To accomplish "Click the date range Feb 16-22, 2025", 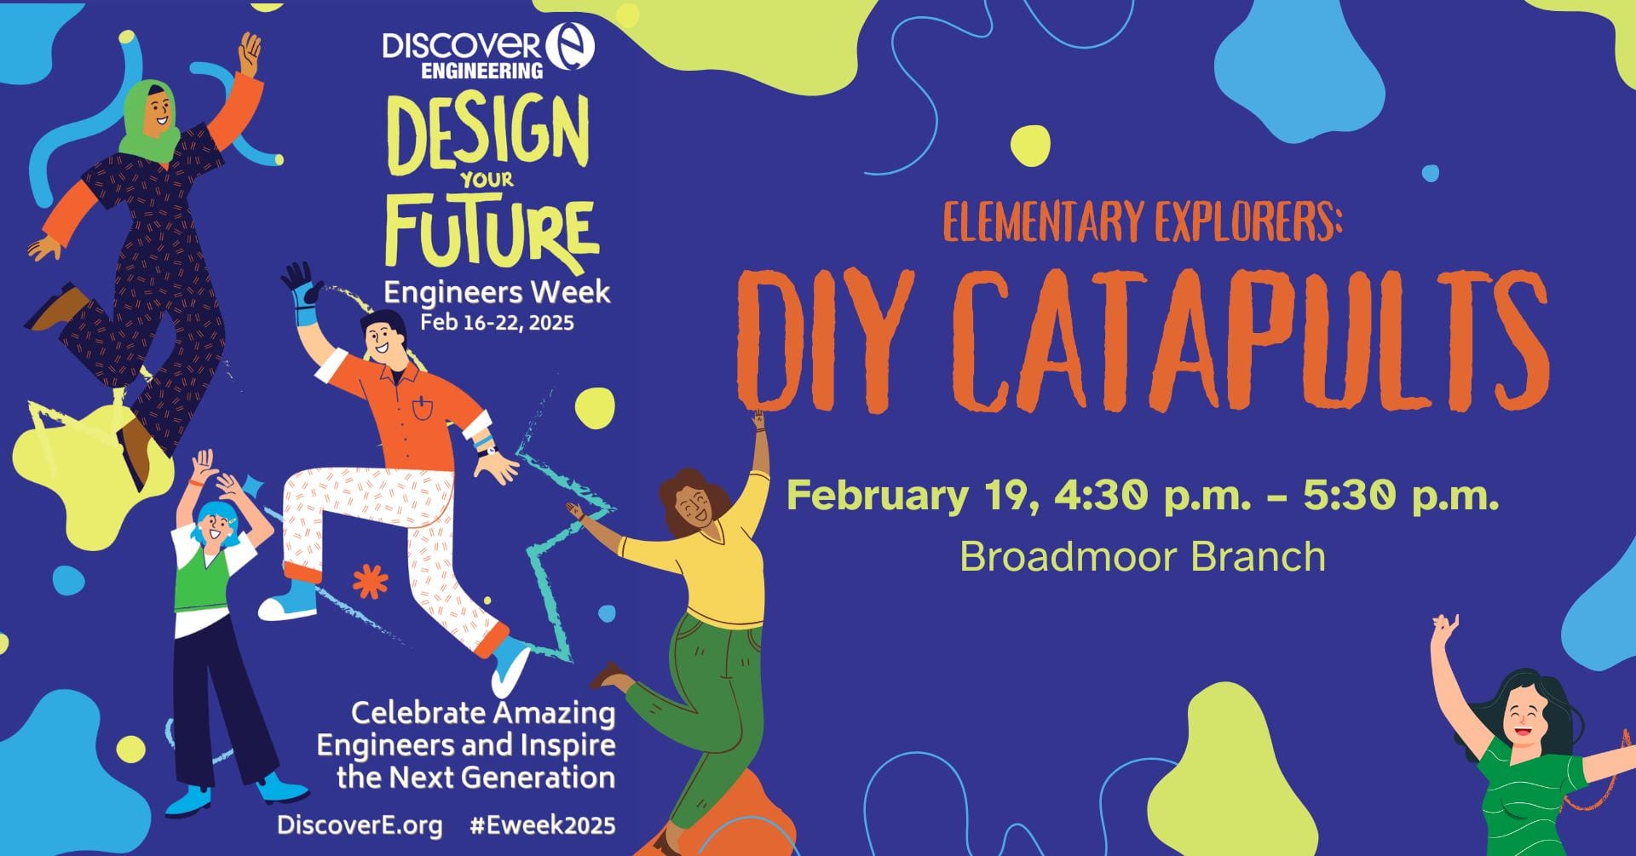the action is pyautogui.click(x=497, y=323).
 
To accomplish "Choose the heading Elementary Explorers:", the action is pyautogui.click(x=1143, y=221).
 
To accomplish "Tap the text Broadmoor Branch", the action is pyautogui.click(x=1143, y=556).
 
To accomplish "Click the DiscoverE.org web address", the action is pyautogui.click(x=359, y=825).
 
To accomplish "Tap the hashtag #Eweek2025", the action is pyautogui.click(x=542, y=825).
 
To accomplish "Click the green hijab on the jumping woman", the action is pyautogui.click(x=153, y=119).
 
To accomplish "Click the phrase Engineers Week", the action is pyautogui.click(x=497, y=292).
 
